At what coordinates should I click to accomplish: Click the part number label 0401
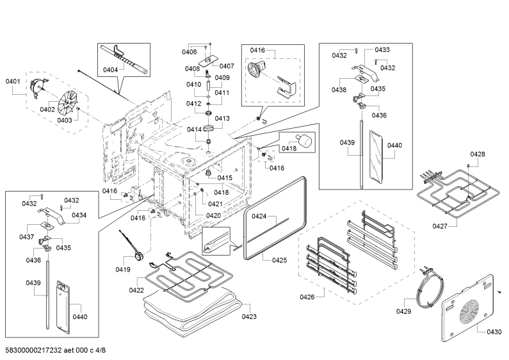(13, 81)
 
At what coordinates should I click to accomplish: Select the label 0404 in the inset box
(110, 70)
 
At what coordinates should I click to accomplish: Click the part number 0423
(249, 316)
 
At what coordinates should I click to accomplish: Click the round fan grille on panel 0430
(469, 312)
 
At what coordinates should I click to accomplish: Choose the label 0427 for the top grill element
(440, 226)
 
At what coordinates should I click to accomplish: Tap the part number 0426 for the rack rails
(307, 297)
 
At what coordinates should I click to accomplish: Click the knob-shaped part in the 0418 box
(305, 140)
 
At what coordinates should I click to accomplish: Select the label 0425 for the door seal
(280, 260)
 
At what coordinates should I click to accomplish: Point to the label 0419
(123, 269)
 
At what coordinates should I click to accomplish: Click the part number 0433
(382, 50)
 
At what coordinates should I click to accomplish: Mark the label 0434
(79, 215)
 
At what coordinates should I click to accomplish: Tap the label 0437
(27, 237)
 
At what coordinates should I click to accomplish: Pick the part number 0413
(222, 119)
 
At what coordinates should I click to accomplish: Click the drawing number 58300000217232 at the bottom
(33, 350)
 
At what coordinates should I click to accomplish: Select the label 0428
(478, 154)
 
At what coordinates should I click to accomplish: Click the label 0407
(227, 66)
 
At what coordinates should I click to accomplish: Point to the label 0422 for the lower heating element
(136, 290)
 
